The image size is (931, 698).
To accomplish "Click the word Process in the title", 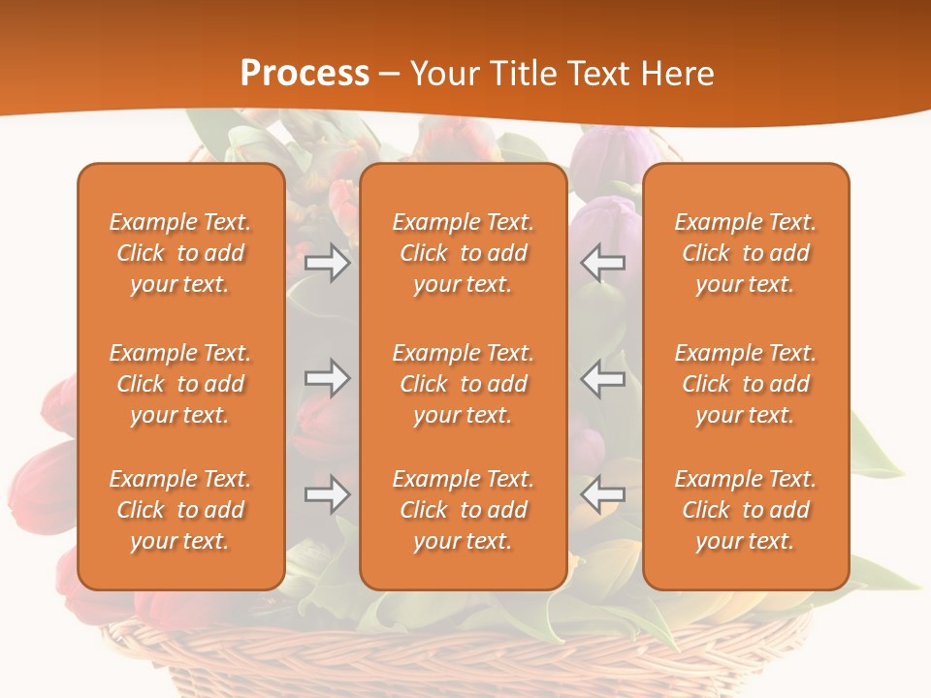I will pyautogui.click(x=305, y=74).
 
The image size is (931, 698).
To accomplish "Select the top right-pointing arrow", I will pyautogui.click(x=328, y=263).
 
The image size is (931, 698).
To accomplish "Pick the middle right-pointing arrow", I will pyautogui.click(x=328, y=378).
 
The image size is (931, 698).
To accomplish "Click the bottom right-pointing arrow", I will pyautogui.click(x=328, y=494).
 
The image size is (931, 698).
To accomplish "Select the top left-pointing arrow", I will pyautogui.click(x=603, y=263).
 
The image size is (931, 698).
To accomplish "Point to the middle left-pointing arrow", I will pyautogui.click(x=603, y=378).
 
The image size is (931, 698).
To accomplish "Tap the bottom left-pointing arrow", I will pyautogui.click(x=603, y=494).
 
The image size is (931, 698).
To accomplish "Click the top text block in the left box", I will pyautogui.click(x=180, y=253).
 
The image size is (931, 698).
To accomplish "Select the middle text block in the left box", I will pyautogui.click(x=180, y=384).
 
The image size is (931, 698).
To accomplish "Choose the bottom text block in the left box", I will pyautogui.click(x=180, y=510).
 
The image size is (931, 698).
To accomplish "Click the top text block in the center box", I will pyautogui.click(x=463, y=253).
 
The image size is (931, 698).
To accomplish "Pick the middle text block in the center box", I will pyautogui.click(x=463, y=384).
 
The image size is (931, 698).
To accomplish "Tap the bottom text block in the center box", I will pyautogui.click(x=463, y=510).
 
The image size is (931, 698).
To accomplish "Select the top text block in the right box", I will pyautogui.click(x=745, y=253).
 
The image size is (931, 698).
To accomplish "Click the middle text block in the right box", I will pyautogui.click(x=745, y=384).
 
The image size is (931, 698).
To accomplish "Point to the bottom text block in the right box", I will pyautogui.click(x=745, y=510).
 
